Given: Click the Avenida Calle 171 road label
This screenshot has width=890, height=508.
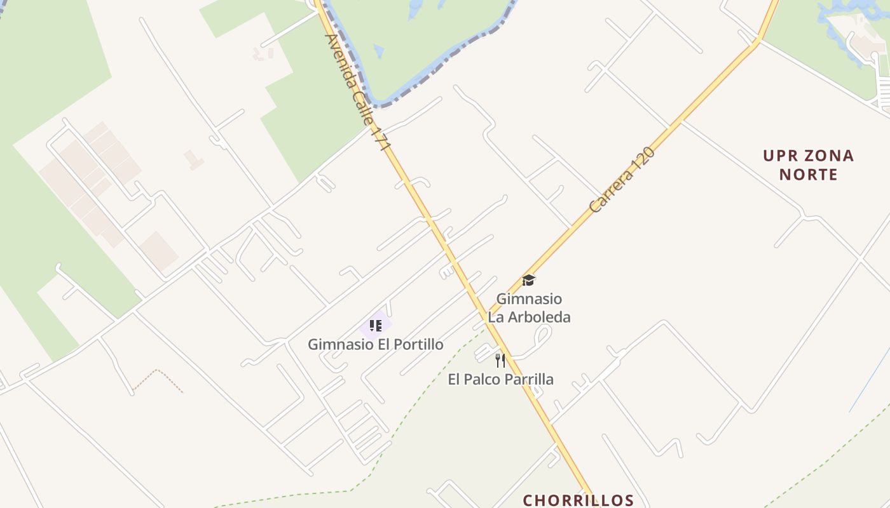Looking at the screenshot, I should coord(357,91).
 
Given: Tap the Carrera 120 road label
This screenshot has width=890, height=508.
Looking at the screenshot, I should coord(621,180).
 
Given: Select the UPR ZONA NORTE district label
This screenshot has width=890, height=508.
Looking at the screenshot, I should coord(808,164).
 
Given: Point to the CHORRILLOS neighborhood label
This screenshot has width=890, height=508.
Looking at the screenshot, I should coord(578,500).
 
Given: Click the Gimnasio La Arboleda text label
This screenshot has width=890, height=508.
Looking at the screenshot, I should coord(529,307).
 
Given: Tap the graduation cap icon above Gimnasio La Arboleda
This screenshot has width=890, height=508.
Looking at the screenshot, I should coord(528,280).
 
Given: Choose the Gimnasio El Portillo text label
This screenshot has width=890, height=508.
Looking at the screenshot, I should coord(375,344).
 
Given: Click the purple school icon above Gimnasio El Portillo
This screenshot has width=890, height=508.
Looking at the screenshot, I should coord(375,326).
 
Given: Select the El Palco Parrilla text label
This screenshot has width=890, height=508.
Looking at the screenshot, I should coord(500,379).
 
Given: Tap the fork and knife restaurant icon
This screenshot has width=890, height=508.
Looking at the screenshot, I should coord(500,361).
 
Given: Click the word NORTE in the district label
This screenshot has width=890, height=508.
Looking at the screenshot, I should coord(808,174).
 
